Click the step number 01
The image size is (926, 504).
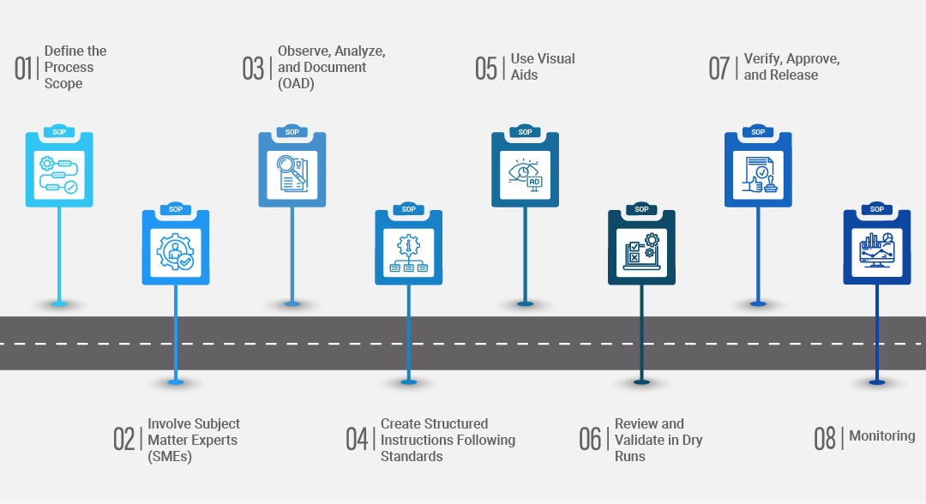coord(24,68)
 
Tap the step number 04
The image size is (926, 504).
coord(356,440)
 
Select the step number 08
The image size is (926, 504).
coord(824,439)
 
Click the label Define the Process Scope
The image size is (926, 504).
coord(75,67)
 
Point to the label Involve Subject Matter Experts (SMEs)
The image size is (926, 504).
coord(193,440)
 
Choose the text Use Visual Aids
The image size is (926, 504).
coord(542,67)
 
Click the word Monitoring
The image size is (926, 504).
coord(881,436)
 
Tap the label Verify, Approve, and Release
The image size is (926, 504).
coord(791,67)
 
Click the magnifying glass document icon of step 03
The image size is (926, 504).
coord(292,174)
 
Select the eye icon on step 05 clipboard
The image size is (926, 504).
coord(525,174)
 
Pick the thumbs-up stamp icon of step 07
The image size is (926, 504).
coord(758,174)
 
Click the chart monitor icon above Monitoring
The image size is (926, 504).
coord(876,249)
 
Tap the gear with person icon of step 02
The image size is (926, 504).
coord(175,250)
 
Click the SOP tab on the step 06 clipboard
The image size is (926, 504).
coord(641,209)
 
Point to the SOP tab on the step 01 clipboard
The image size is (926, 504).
coord(59,132)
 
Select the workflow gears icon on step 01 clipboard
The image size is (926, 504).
coord(59,174)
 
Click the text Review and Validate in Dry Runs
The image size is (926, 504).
coord(657,440)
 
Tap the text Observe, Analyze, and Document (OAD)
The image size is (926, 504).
coord(330,67)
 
